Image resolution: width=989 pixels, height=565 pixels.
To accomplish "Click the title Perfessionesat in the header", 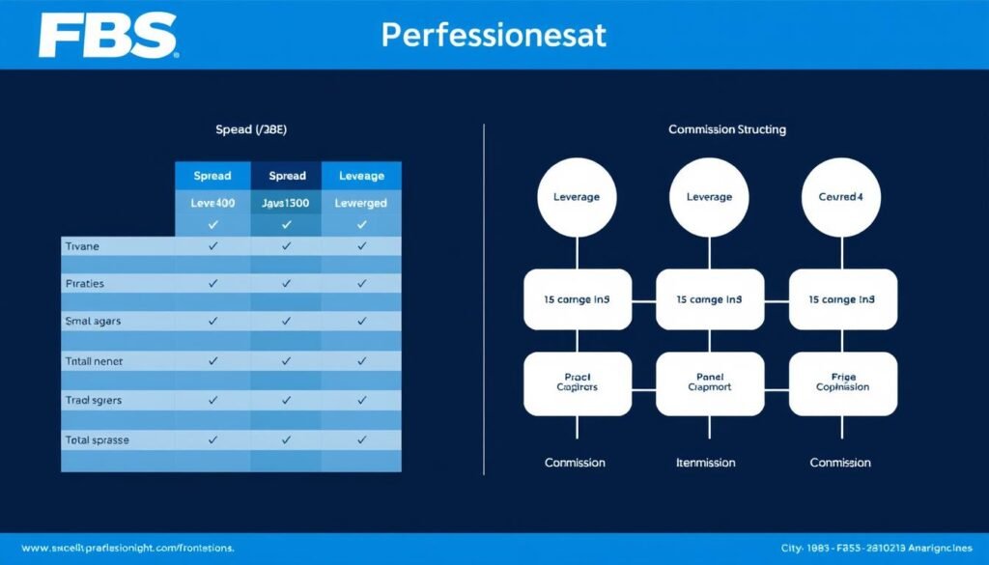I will pos(494,35).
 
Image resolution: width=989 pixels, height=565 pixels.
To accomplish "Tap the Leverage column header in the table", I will pos(362,176).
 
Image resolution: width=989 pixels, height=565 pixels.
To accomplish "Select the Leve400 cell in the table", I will pos(212,203).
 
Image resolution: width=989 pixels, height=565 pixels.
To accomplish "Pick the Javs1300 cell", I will pos(286,203).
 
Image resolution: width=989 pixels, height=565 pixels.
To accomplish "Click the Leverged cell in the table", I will pos(362,203).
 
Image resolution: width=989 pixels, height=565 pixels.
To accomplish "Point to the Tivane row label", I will pos(82,247).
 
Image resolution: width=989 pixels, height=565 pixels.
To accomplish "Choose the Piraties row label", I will pos(85,284).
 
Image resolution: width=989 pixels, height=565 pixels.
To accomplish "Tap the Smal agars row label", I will pos(93,321).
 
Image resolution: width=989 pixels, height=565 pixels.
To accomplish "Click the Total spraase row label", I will pos(97,439).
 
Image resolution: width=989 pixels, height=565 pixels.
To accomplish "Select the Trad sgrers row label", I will pos(93,399).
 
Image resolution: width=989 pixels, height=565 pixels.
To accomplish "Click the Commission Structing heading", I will pos(726,128).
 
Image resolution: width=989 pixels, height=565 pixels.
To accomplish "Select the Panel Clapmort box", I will pos(710,381).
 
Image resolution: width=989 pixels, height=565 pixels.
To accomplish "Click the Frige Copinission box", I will pos(842,381).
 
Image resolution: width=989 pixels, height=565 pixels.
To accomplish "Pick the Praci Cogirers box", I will pos(577,381).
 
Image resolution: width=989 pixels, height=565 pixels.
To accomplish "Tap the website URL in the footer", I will pos(127,548).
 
